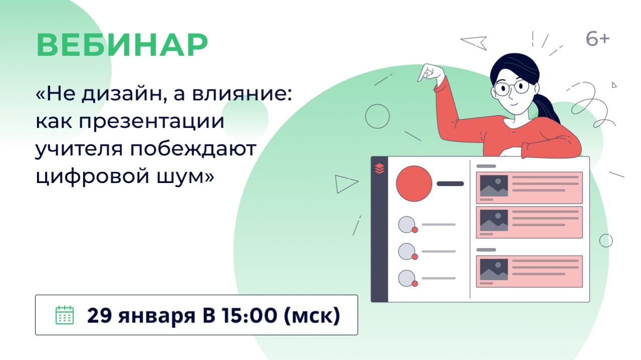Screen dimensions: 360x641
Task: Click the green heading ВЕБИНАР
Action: pos(122,46)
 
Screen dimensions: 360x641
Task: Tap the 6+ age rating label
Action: pos(597,39)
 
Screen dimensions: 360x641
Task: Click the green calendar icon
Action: pos(64,315)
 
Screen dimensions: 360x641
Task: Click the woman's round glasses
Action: pos(511,87)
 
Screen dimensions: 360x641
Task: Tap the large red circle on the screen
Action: pos(414,184)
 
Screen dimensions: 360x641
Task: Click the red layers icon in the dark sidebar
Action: pos(379,168)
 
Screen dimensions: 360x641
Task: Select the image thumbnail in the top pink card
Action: pos(494,186)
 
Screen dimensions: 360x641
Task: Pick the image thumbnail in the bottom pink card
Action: pos(494,269)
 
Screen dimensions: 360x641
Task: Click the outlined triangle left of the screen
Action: pos(345,184)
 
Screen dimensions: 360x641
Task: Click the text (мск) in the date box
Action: pos(312,315)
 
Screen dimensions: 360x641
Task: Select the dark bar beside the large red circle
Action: pos(450,184)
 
